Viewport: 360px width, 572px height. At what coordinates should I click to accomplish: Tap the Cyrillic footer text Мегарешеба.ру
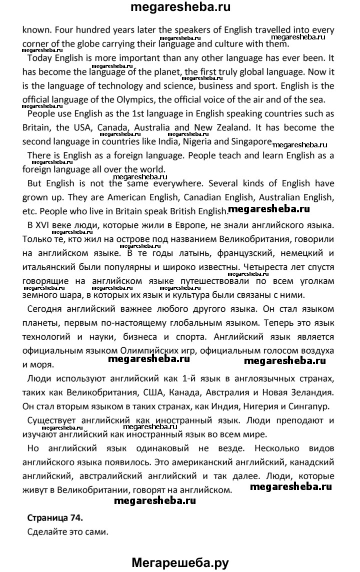point(179,561)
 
